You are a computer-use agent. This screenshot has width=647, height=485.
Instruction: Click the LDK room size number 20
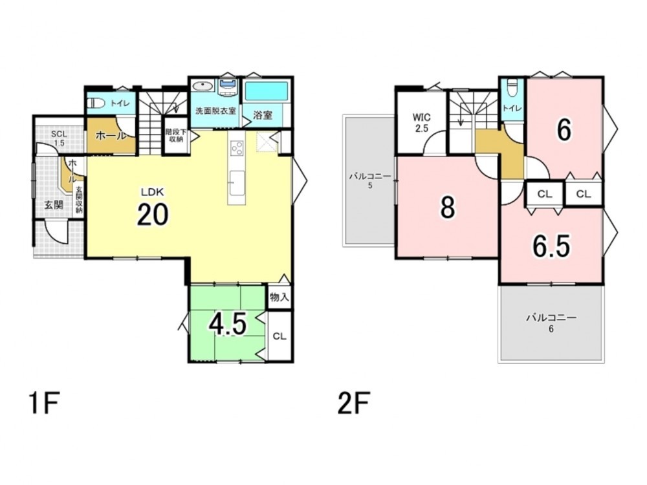tap(153, 214)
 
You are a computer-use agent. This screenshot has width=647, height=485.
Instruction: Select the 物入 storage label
tap(280, 297)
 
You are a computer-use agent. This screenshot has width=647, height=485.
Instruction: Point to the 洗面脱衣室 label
tap(215, 111)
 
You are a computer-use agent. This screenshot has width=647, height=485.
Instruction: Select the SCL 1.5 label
tap(59, 138)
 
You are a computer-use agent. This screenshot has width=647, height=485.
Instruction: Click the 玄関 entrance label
tap(54, 204)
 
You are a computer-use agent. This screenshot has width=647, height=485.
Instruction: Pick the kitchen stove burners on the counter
tap(237, 148)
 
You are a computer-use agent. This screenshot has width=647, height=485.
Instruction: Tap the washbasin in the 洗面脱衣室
tap(203, 86)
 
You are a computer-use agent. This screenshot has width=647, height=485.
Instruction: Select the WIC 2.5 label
tap(421, 123)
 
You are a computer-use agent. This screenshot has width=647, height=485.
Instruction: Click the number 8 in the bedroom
tap(448, 207)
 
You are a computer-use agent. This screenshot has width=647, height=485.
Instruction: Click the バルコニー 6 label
tap(551, 323)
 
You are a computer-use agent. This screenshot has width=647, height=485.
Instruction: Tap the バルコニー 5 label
tap(370, 180)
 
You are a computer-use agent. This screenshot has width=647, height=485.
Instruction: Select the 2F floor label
tap(354, 403)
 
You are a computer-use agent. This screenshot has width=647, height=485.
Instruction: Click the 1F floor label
tap(45, 403)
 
